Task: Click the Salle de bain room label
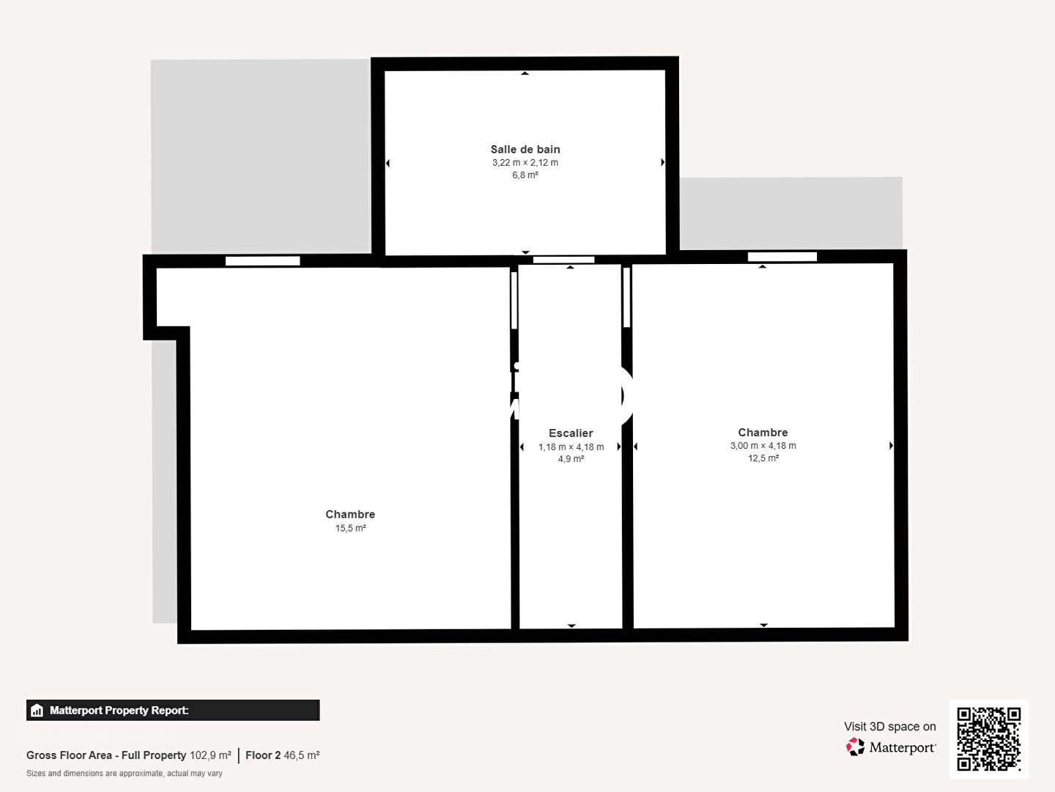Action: (x=525, y=149)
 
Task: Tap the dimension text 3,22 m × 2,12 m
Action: (x=525, y=163)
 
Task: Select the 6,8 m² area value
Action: (x=525, y=175)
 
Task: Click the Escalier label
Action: (x=571, y=433)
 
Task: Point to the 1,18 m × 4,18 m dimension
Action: (x=571, y=447)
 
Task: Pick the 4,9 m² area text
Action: (x=571, y=459)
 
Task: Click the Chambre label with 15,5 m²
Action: (x=350, y=514)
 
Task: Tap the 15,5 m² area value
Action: (x=350, y=528)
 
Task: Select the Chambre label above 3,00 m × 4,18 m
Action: (x=763, y=433)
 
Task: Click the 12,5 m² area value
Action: (x=763, y=458)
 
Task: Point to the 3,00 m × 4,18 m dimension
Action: (x=763, y=445)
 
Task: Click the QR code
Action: (x=988, y=738)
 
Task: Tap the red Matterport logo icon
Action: (x=855, y=747)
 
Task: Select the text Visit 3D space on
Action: (x=889, y=726)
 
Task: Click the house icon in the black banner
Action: (x=37, y=711)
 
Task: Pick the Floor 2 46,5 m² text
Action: (x=282, y=755)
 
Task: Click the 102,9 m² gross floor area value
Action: (x=210, y=755)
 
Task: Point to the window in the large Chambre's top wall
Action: (x=262, y=260)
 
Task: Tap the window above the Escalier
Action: (x=563, y=260)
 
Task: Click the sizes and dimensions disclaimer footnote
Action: (x=124, y=773)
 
